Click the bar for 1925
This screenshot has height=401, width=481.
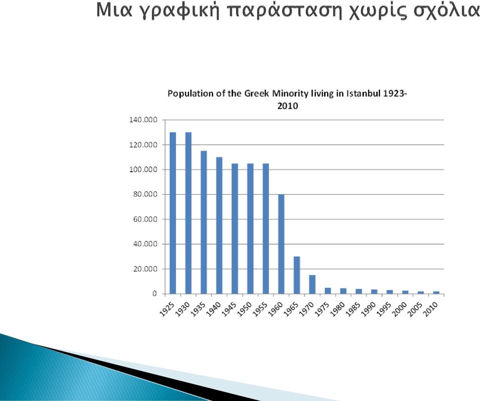[173, 213]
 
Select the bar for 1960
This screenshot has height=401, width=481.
[281, 244]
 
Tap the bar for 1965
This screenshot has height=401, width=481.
[297, 275]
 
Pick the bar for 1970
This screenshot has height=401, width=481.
[312, 284]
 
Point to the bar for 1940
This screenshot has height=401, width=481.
[219, 226]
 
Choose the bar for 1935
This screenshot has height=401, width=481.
[204, 222]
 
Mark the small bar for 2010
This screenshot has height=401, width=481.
[436, 292]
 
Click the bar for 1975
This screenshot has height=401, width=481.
[328, 291]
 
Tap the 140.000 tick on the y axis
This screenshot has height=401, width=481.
[143, 120]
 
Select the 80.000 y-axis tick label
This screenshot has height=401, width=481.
[145, 194]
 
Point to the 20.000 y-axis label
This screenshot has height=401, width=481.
[145, 269]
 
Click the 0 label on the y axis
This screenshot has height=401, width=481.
[154, 294]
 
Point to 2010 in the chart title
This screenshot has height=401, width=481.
[288, 106]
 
